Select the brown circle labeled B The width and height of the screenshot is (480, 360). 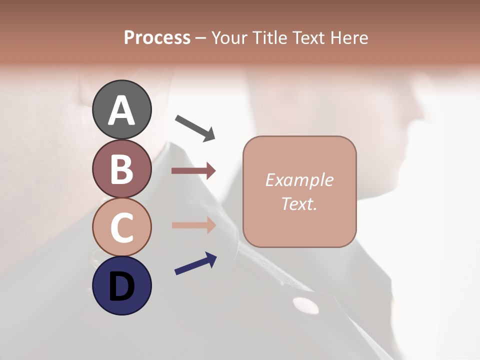pyautogui.click(x=121, y=168)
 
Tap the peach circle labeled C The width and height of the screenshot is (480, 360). pyautogui.click(x=121, y=227)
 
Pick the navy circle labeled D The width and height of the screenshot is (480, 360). pyautogui.click(x=121, y=285)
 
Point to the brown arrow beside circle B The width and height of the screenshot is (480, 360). pyautogui.click(x=193, y=171)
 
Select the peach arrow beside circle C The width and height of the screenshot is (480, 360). pyautogui.click(x=193, y=225)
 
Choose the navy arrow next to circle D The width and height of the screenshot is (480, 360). pyautogui.click(x=195, y=263)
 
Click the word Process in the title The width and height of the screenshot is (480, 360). pyautogui.click(x=157, y=37)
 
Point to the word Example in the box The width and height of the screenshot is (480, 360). pyautogui.click(x=299, y=180)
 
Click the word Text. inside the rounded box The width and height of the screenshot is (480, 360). pyautogui.click(x=299, y=203)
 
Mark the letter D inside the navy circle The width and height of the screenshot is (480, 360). pyautogui.click(x=121, y=286)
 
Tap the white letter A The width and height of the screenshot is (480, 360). pyautogui.click(x=121, y=110)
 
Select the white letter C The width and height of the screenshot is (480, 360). pyautogui.click(x=121, y=228)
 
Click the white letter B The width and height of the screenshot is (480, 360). pyautogui.click(x=121, y=169)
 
